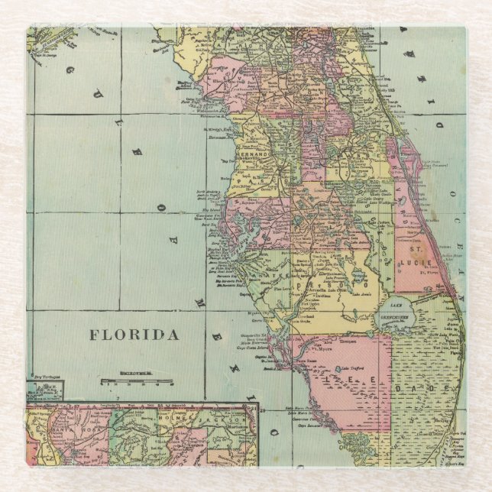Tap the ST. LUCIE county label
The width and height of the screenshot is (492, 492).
point(416,255)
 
